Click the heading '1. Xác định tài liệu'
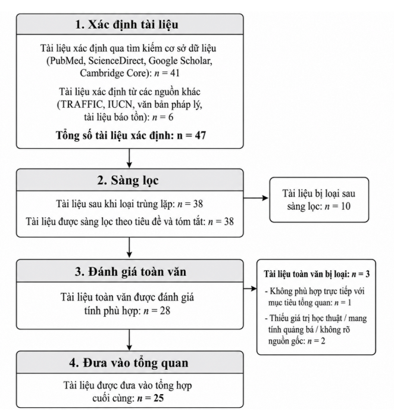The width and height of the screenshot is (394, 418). tap(127, 24)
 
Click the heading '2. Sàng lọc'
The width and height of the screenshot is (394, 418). tap(128, 180)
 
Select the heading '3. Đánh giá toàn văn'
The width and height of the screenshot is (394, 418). tap(130, 272)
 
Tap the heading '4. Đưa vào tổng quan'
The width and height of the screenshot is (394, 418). tap(129, 363)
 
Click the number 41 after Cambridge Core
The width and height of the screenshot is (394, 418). tap(174, 73)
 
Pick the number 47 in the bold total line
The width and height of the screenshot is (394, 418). tap(201, 135)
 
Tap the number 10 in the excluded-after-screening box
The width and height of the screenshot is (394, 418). tap(345, 206)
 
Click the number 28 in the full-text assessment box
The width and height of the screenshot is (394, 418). tap(164, 311)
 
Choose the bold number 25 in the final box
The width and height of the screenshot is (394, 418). tap(158, 398)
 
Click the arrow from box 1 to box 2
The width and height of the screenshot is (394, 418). tap(129, 158)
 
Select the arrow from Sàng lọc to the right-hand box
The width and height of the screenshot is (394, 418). tap(256, 198)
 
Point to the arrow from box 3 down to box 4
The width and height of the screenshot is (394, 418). tap(129, 340)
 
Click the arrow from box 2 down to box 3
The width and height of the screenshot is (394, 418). tap(129, 247)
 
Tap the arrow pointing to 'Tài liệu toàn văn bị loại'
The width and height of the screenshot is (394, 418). tap(250, 288)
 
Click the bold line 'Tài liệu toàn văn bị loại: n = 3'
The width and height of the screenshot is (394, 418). tap(317, 274)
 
